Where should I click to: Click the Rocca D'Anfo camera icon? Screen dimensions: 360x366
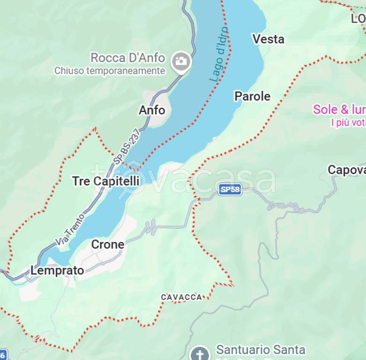click(180, 61)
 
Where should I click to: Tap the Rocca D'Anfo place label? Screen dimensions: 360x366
click(127, 58)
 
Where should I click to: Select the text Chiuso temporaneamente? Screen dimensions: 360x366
click(110, 71)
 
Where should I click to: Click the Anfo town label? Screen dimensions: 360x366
click(152, 110)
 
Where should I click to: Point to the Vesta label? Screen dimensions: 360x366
click(269, 39)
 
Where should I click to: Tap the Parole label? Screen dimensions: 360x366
click(252, 97)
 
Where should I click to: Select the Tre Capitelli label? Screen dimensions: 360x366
click(105, 181)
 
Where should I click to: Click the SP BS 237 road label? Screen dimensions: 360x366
click(127, 147)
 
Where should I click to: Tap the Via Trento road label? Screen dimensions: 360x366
click(70, 229)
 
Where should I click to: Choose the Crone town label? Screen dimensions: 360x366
click(108, 244)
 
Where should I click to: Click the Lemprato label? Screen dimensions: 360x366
click(57, 270)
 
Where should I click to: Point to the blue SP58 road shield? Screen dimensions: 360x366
click(230, 189)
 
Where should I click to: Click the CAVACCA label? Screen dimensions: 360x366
click(181, 297)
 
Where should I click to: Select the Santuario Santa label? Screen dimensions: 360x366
click(261, 350)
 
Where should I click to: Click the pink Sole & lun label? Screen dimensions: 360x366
click(339, 110)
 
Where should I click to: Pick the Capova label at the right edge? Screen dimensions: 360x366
click(346, 170)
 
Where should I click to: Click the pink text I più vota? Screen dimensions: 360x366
click(348, 123)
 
